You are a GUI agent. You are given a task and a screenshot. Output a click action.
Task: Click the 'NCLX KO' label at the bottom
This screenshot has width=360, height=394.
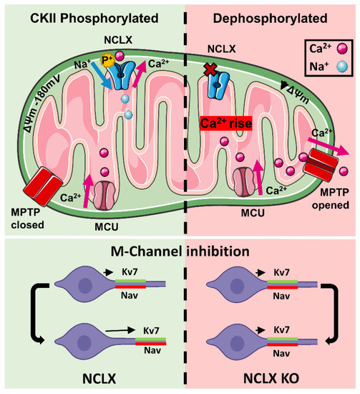271,380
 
